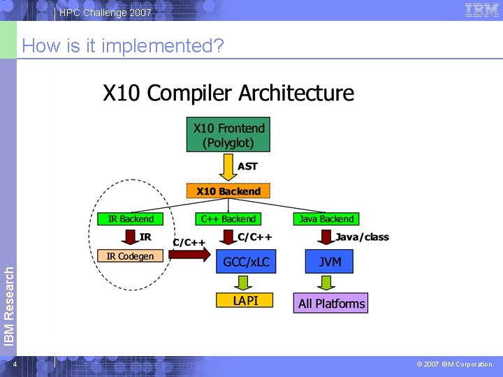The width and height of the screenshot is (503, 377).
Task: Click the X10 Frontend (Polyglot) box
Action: tap(228, 135)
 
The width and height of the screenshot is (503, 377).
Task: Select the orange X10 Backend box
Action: tap(228, 191)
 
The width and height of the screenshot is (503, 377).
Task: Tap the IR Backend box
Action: tap(131, 219)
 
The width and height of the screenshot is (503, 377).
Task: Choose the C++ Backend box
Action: tap(228, 219)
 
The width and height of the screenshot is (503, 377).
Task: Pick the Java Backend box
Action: tap(326, 219)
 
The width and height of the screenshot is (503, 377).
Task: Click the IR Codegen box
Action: tap(130, 256)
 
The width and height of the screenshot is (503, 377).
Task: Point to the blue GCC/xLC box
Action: tap(246, 262)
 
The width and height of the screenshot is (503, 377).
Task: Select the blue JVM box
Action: tap(329, 262)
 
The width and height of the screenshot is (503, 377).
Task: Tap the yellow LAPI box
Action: tap(245, 300)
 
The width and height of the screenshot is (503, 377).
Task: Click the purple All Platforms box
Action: tap(331, 303)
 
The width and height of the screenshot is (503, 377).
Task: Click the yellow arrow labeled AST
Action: tap(228, 166)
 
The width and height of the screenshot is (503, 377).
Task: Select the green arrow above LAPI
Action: tap(243, 282)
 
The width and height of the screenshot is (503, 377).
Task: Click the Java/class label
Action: tap(362, 237)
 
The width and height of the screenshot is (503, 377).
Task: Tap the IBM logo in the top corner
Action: tap(482, 10)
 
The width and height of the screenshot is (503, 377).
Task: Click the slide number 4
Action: tap(14, 364)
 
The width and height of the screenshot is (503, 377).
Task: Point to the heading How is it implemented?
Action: tap(123, 46)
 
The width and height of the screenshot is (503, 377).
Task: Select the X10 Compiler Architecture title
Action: tap(228, 94)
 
